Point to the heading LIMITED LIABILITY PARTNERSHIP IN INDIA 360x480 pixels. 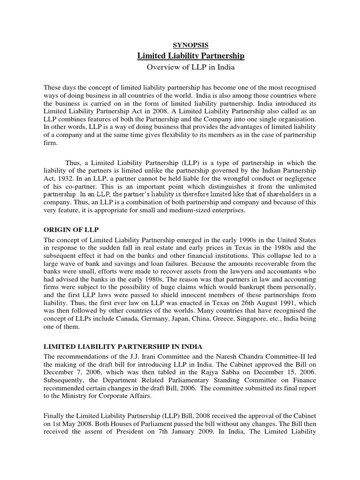point(123,346)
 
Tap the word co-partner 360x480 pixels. point(74,187)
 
